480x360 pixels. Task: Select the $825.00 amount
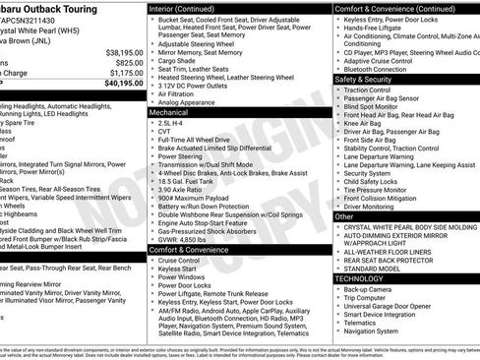(124, 61)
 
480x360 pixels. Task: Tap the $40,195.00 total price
(118, 83)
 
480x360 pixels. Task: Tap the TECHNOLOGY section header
(363, 279)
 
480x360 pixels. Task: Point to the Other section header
(345, 215)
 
